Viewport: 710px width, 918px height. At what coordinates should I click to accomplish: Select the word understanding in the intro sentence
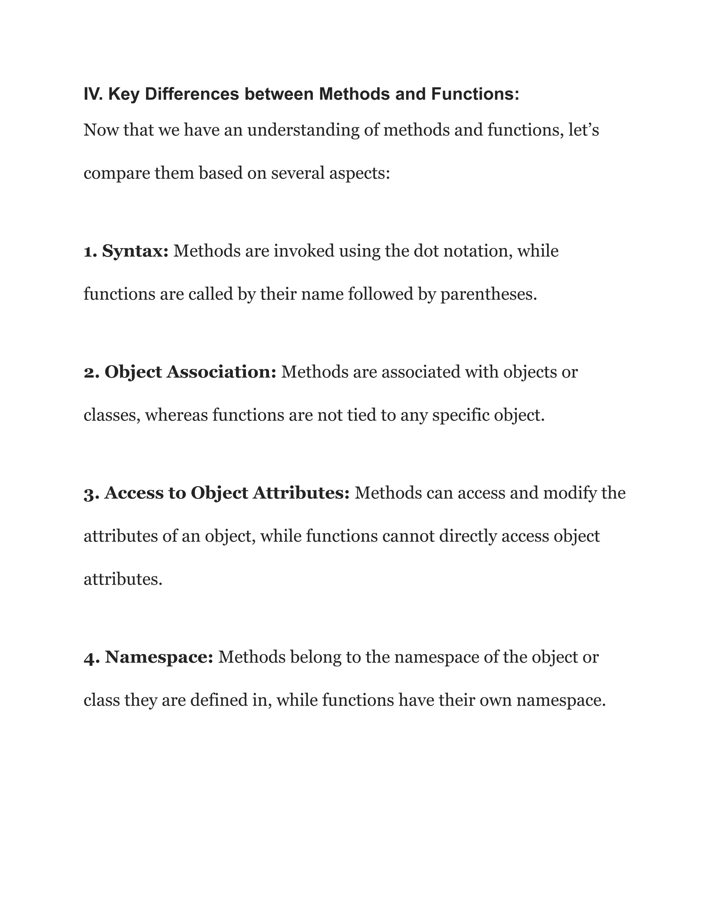tap(303, 131)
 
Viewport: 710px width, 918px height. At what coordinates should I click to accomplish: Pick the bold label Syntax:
tap(135, 252)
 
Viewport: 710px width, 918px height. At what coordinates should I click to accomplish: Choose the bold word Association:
tap(221, 372)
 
